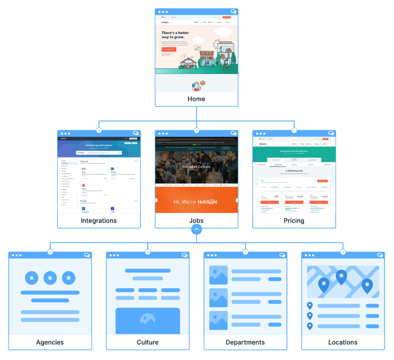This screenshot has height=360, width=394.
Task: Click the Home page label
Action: (196, 99)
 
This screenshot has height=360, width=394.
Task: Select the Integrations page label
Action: (99, 221)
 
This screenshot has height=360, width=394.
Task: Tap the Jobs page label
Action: (196, 221)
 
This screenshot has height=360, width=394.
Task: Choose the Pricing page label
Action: (294, 221)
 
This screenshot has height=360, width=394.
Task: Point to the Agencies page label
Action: (50, 343)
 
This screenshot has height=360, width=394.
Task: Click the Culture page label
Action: (147, 343)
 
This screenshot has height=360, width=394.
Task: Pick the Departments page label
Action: (245, 343)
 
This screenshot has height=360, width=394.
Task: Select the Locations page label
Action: (342, 343)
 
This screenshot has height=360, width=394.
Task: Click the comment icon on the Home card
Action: (233, 12)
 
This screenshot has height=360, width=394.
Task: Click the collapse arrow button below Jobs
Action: (196, 230)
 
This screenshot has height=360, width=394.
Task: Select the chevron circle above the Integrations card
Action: (99, 130)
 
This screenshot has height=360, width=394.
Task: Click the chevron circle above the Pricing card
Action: (294, 130)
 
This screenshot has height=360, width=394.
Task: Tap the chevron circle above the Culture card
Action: (147, 252)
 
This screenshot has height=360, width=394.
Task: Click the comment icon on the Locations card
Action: (380, 255)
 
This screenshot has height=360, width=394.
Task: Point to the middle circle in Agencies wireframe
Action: (50, 278)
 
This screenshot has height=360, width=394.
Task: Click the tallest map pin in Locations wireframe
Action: (341, 277)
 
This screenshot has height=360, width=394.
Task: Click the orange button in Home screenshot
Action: (169, 49)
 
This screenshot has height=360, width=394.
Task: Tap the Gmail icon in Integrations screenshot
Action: (84, 169)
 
